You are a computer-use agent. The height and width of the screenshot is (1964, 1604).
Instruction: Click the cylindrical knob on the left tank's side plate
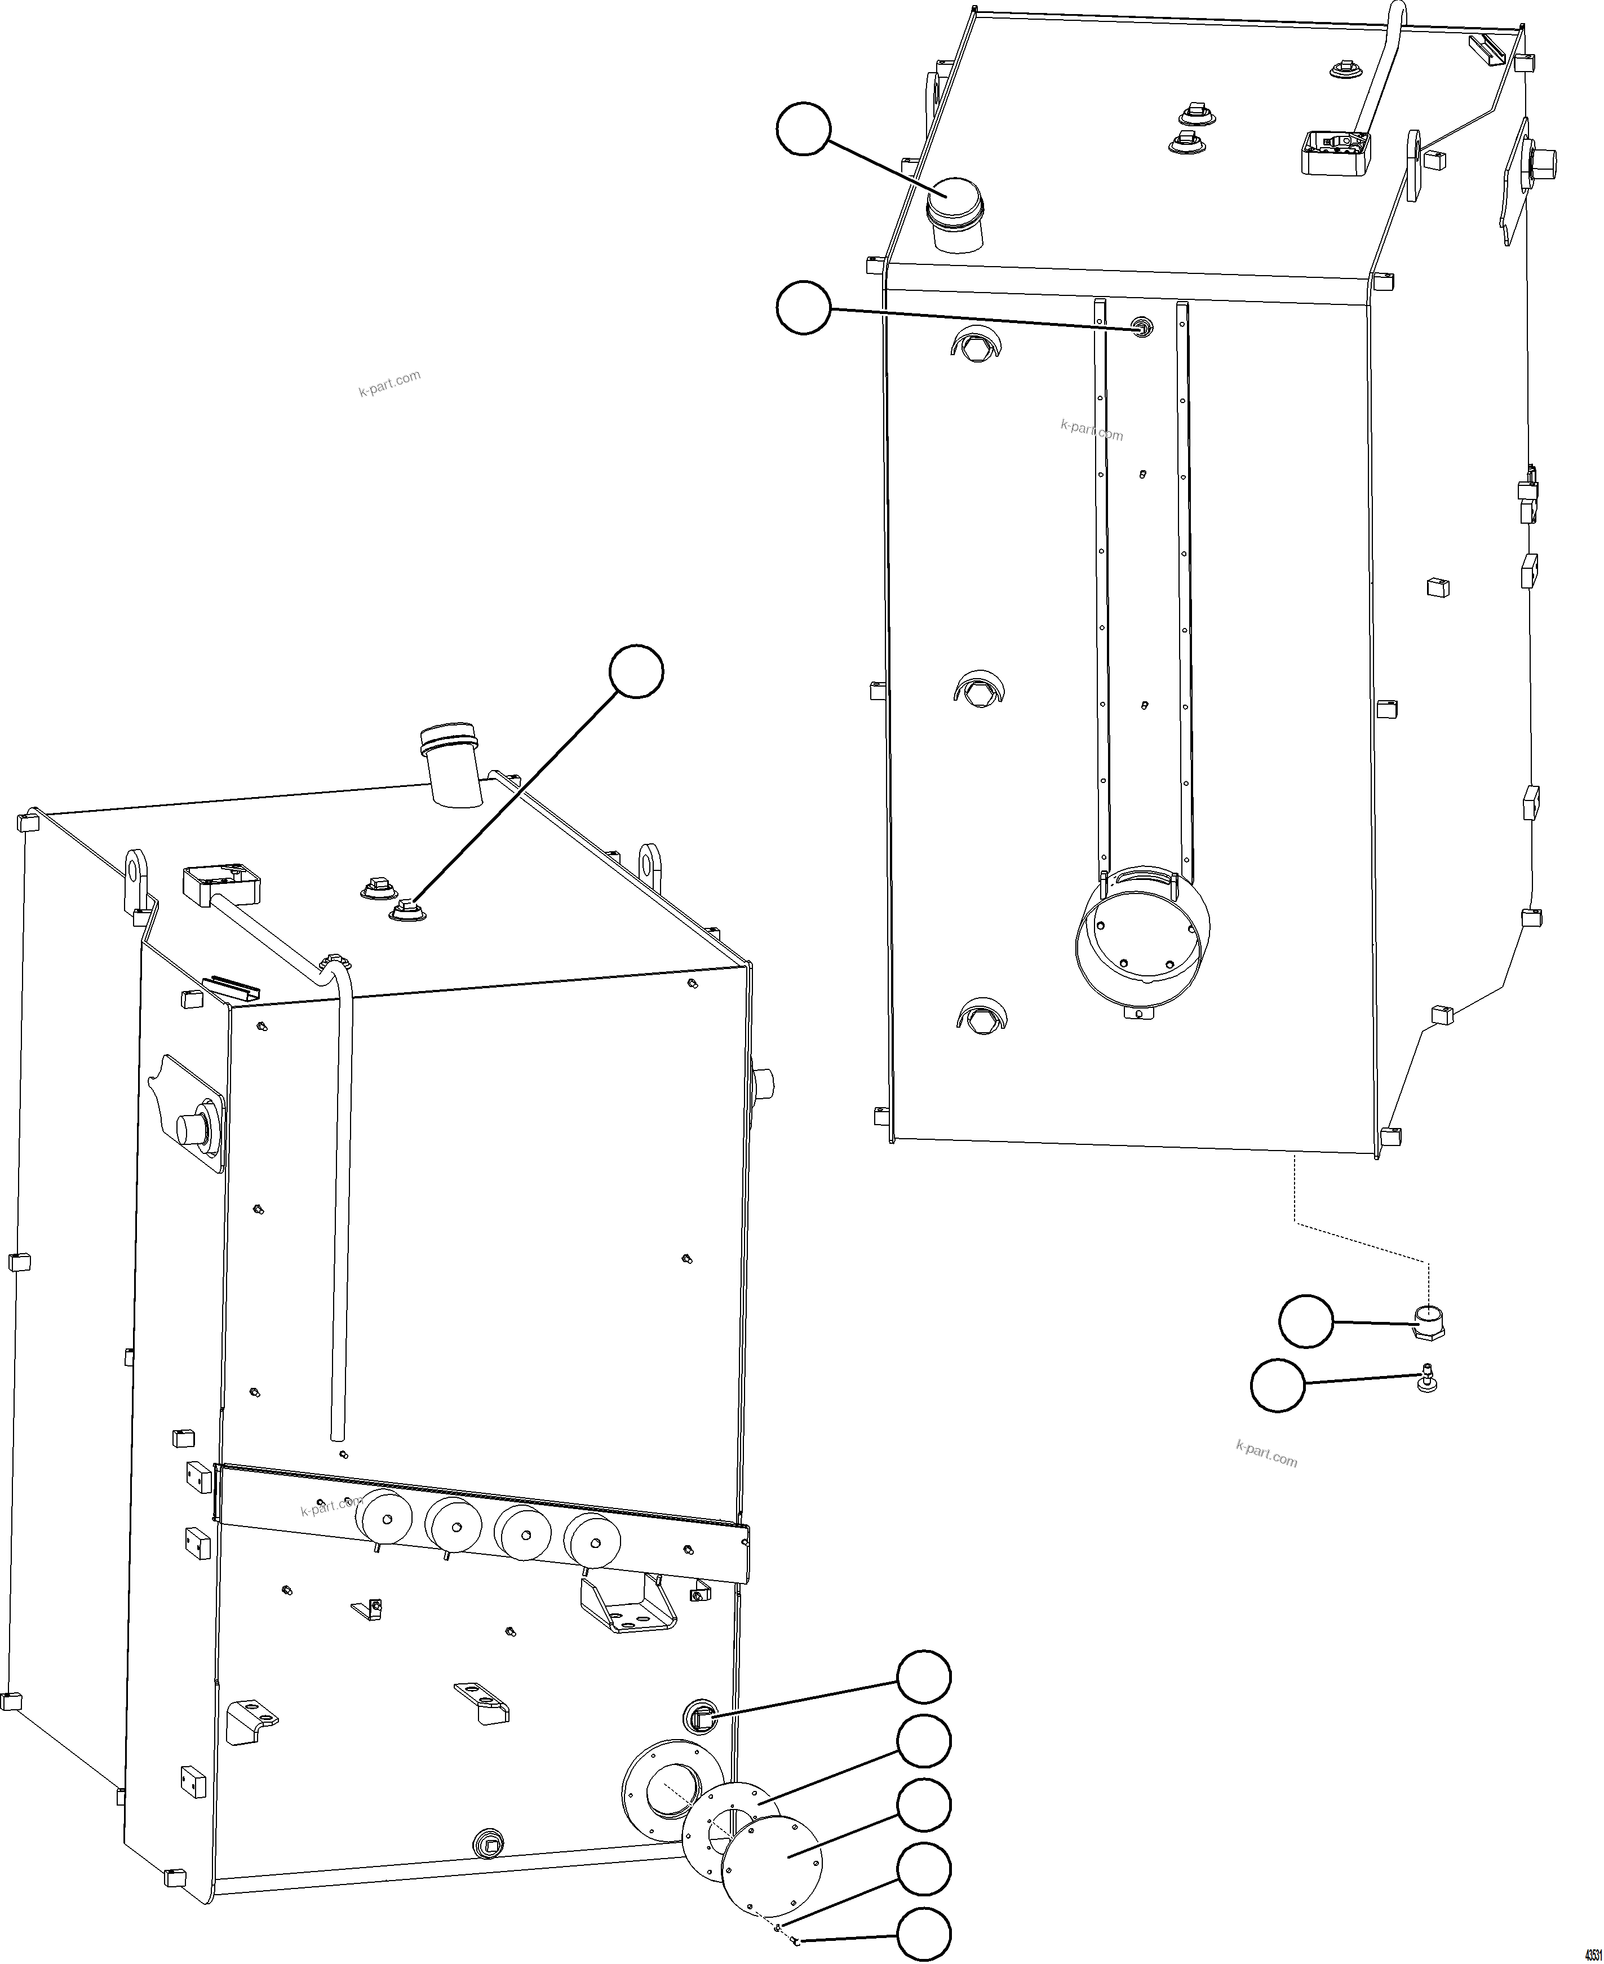[x=194, y=1129]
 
